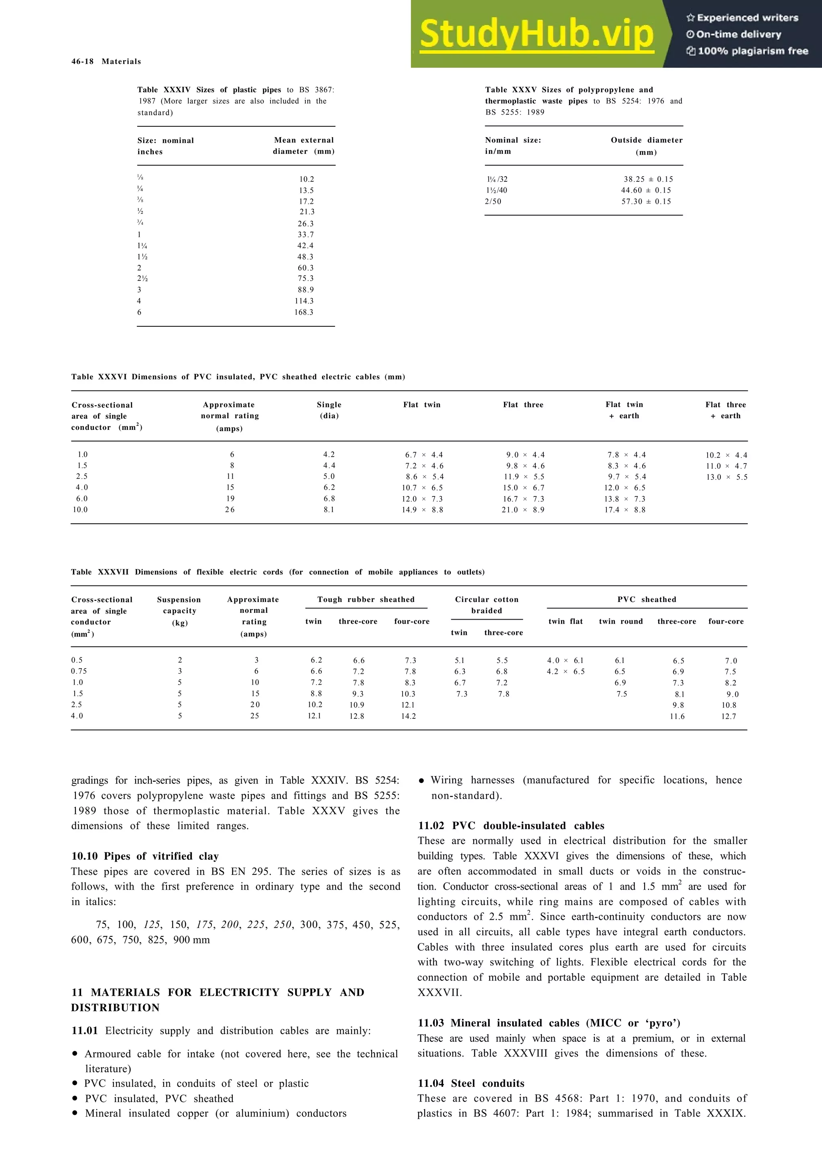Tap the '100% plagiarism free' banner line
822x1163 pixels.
pos(747,51)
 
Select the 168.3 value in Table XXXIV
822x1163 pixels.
pos(304,313)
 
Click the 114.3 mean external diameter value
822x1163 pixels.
pos(304,301)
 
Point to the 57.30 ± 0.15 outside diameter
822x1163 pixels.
pos(646,201)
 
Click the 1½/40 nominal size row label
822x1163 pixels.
pos(496,191)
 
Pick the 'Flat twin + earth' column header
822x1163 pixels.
pos(624,410)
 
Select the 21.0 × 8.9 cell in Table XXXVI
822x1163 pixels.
pos(523,510)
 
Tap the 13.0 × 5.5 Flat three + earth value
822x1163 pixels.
pos(727,477)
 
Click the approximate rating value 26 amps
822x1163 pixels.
pos(230,510)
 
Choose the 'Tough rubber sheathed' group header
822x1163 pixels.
pos(366,600)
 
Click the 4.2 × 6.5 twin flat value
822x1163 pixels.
pos(566,672)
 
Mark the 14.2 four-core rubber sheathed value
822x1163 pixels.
pos(408,716)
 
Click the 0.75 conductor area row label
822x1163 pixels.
pos(79,671)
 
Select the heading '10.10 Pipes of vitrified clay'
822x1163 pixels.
pos(145,856)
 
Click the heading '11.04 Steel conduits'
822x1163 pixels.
pos(471,1084)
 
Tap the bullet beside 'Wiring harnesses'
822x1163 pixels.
pos(421,781)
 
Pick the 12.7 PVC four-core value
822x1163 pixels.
pos(729,716)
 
